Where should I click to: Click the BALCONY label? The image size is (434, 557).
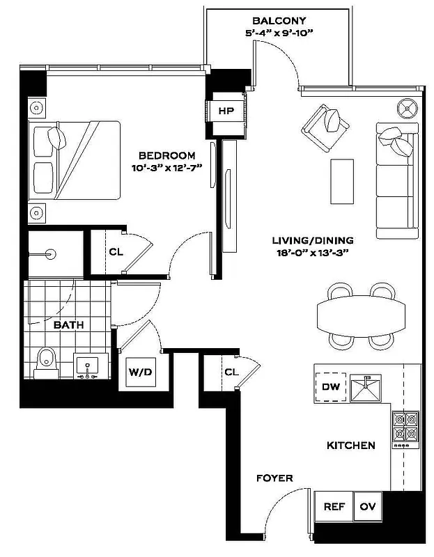pyautogui.click(x=279, y=21)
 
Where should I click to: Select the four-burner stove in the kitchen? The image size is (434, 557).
pyautogui.click(x=405, y=427)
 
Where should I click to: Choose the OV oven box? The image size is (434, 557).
pyautogui.click(x=367, y=507)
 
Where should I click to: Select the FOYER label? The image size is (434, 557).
pyautogui.click(x=274, y=478)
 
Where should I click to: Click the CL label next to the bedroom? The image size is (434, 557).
pyautogui.click(x=116, y=251)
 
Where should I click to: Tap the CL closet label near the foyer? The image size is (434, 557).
pyautogui.click(x=231, y=372)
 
